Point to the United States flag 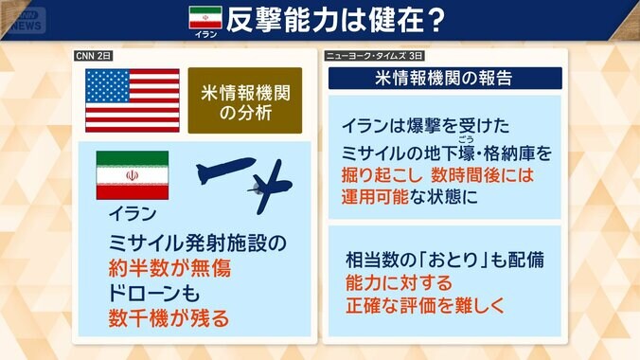(x=132, y=99)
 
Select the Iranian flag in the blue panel (x=132, y=175)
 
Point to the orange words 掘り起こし (x=380, y=175)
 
